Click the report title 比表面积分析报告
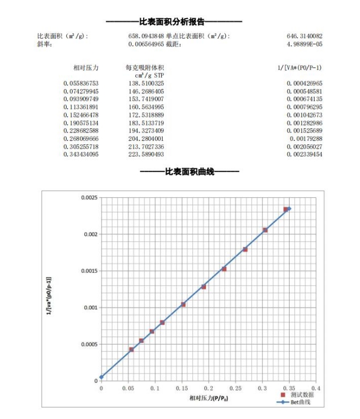coord(174,22)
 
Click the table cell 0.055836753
coord(80,83)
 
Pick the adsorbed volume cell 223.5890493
coord(146,155)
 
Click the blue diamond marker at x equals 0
coord(102,377)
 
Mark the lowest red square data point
coord(131,349)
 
